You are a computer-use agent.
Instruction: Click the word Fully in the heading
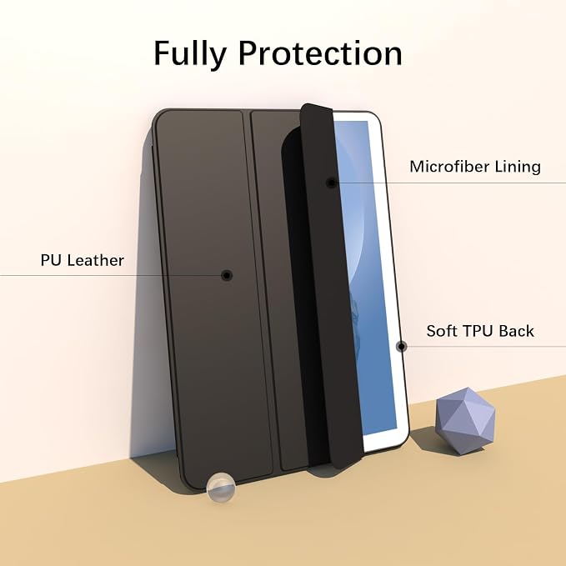pos(190,53)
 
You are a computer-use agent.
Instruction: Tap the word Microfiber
pos(449,167)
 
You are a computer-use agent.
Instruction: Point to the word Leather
pos(96,260)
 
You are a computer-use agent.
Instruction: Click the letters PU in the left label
pos(51,260)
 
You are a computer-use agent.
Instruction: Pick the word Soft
pos(442,331)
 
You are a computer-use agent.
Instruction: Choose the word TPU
pos(478,331)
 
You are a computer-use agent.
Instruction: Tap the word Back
pos(518,331)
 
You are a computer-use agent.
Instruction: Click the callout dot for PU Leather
pos(227,275)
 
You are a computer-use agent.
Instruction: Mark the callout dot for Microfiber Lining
pos(331,183)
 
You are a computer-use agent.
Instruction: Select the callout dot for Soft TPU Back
pos(401,347)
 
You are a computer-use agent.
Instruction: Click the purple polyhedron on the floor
pos(465,420)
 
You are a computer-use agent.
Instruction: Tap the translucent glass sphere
pos(221,488)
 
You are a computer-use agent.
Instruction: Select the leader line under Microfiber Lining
pos(448,183)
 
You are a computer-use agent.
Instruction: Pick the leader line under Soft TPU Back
pos(483,347)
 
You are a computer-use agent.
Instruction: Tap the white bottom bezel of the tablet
pos(385,443)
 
